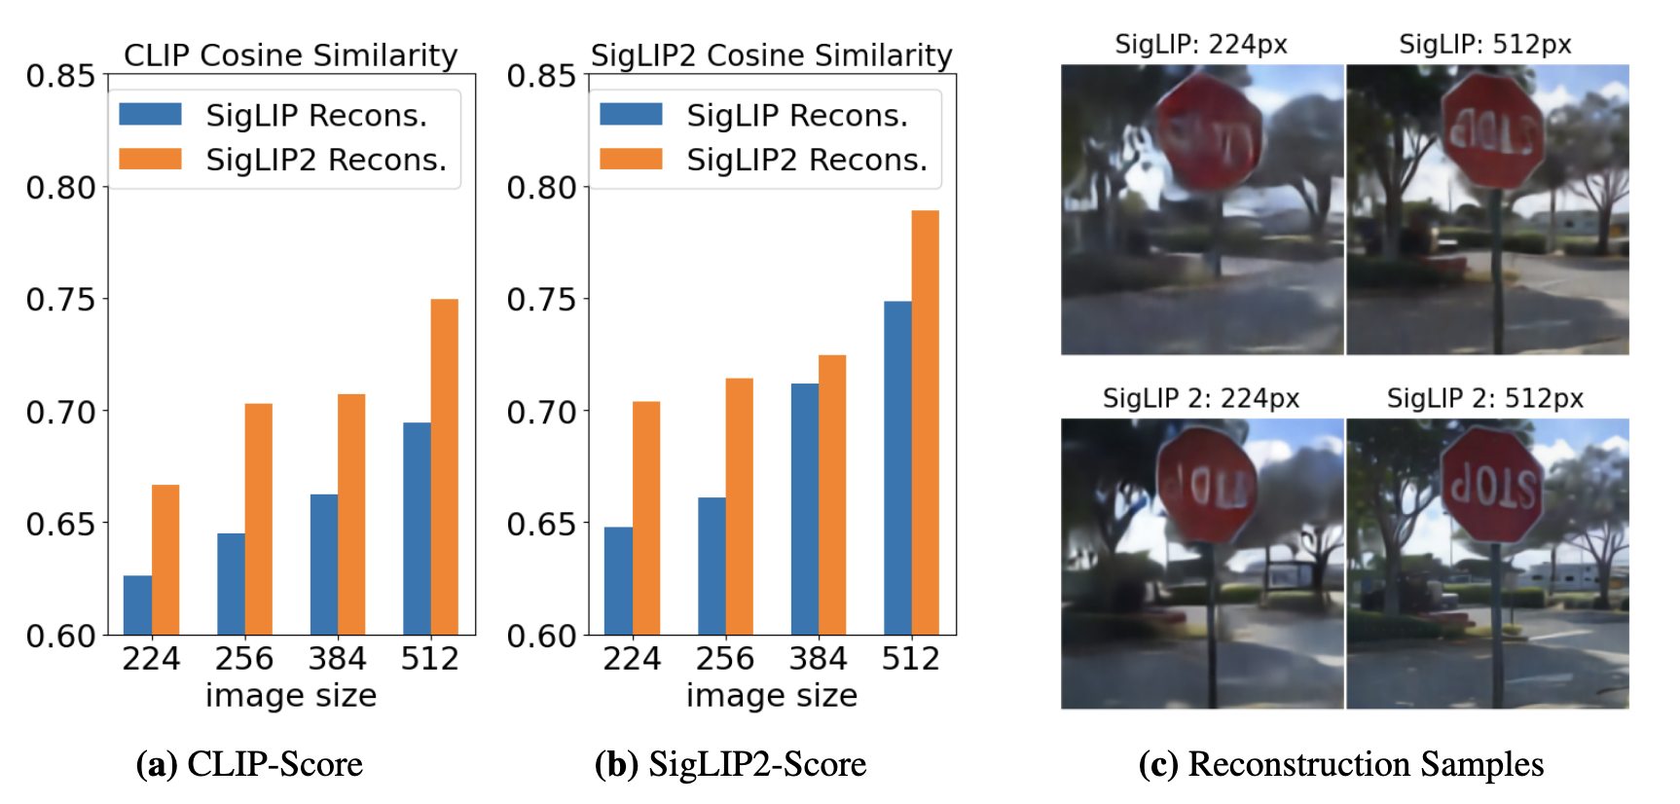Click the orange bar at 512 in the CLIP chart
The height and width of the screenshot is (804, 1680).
pos(444,467)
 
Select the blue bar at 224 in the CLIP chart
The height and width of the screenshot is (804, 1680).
pos(137,605)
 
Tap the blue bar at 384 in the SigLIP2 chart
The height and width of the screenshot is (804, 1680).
pos(805,509)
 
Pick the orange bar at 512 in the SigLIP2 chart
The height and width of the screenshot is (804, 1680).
pos(925,422)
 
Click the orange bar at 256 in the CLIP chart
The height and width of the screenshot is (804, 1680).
pos(258,519)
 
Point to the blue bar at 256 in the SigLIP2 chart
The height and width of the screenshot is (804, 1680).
pos(712,566)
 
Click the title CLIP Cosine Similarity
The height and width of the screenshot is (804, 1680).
pos(290,55)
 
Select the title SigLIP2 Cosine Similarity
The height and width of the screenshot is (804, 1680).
pos(771,55)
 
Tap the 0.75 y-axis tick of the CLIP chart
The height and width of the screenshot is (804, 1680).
pos(60,300)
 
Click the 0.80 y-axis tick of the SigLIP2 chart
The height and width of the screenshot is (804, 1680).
pos(541,188)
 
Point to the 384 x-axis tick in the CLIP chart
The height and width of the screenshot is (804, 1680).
pos(337,659)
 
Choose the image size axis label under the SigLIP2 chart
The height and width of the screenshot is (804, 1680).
pos(771,695)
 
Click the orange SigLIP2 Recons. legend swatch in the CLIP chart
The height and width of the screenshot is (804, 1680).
pos(150,159)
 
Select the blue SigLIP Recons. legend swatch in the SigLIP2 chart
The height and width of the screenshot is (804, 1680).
pos(631,114)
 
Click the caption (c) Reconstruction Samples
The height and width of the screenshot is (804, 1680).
pos(1340,764)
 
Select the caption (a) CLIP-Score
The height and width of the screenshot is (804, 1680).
pos(249,764)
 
